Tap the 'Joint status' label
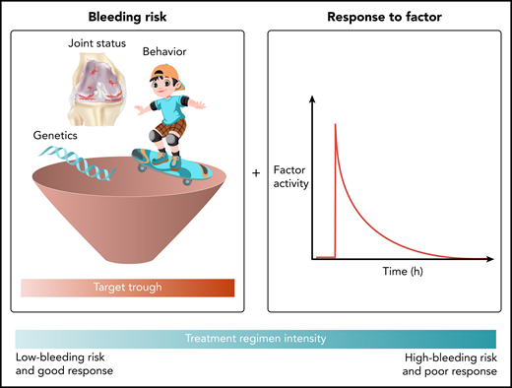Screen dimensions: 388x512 point(91,43)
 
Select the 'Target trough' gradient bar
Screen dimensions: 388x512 point(128,289)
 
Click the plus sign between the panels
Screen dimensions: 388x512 point(256,173)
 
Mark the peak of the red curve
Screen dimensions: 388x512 point(336,124)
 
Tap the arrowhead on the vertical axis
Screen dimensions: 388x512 point(313,97)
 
